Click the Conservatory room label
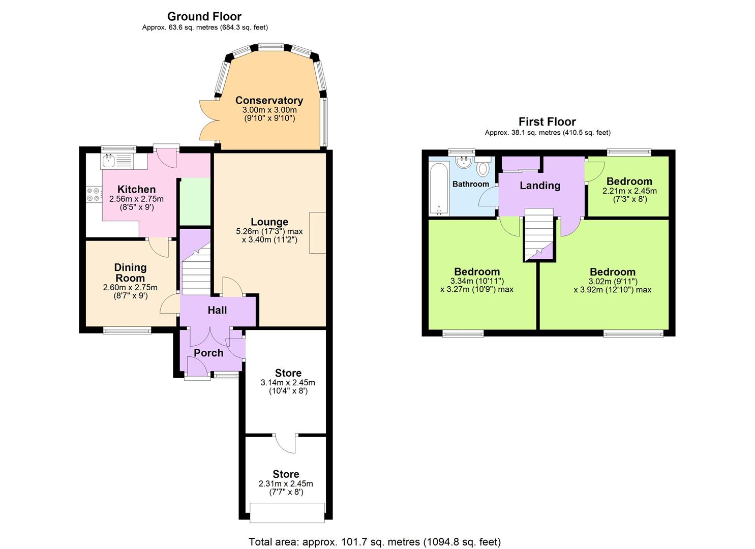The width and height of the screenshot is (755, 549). pyautogui.click(x=269, y=100)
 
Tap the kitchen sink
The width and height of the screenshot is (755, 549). pyautogui.click(x=108, y=162)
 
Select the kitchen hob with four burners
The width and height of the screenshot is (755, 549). pyautogui.click(x=93, y=195)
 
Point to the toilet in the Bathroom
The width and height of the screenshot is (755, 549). pyautogui.click(x=482, y=167)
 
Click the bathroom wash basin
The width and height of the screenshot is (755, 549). pyautogui.click(x=463, y=162)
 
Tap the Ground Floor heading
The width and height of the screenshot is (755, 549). pyautogui.click(x=204, y=16)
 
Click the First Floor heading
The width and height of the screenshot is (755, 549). pyautogui.click(x=547, y=121)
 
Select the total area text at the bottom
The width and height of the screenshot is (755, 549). pyautogui.click(x=375, y=541)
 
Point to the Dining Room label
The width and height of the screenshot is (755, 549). pyautogui.click(x=130, y=272)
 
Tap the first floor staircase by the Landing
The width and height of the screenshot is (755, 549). pyautogui.click(x=538, y=235)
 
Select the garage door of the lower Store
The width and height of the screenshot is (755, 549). pyautogui.click(x=287, y=512)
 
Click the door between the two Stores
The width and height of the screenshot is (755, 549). pyautogui.click(x=286, y=442)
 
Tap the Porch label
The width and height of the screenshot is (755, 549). pyautogui.click(x=208, y=353)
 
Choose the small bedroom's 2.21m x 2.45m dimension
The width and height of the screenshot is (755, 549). pyautogui.click(x=629, y=191)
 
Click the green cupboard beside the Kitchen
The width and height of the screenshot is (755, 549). pyautogui.click(x=195, y=201)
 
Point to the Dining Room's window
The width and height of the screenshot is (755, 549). pyautogui.click(x=127, y=331)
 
